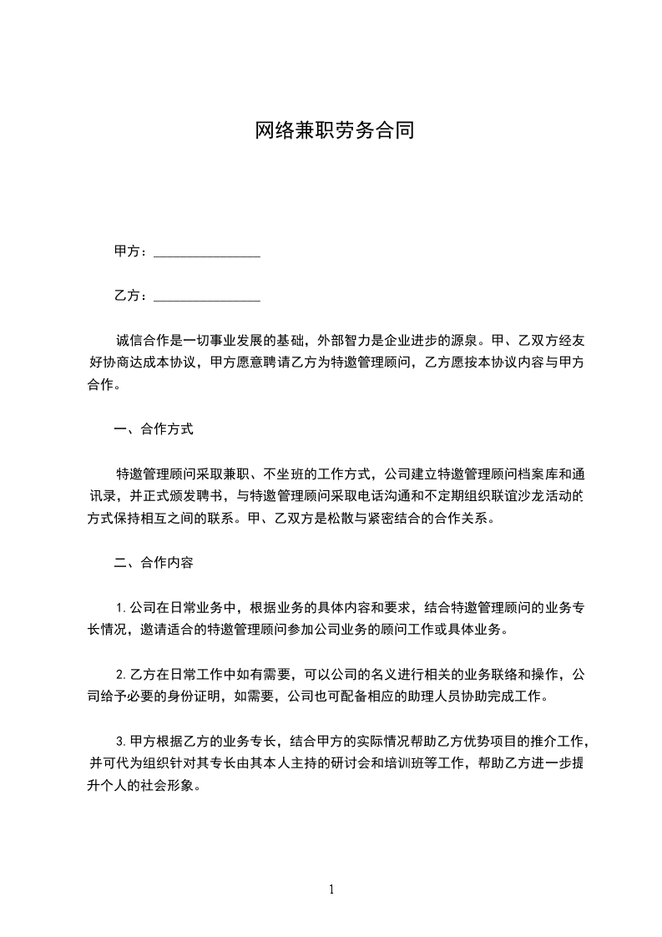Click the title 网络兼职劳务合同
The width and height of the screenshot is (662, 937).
(x=334, y=132)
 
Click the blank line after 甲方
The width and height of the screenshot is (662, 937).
(x=208, y=251)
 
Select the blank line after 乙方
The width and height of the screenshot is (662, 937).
(x=208, y=296)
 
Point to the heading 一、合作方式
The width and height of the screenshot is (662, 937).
(x=154, y=430)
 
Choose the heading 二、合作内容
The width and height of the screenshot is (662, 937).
(x=154, y=562)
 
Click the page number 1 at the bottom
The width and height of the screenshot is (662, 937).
(x=331, y=889)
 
